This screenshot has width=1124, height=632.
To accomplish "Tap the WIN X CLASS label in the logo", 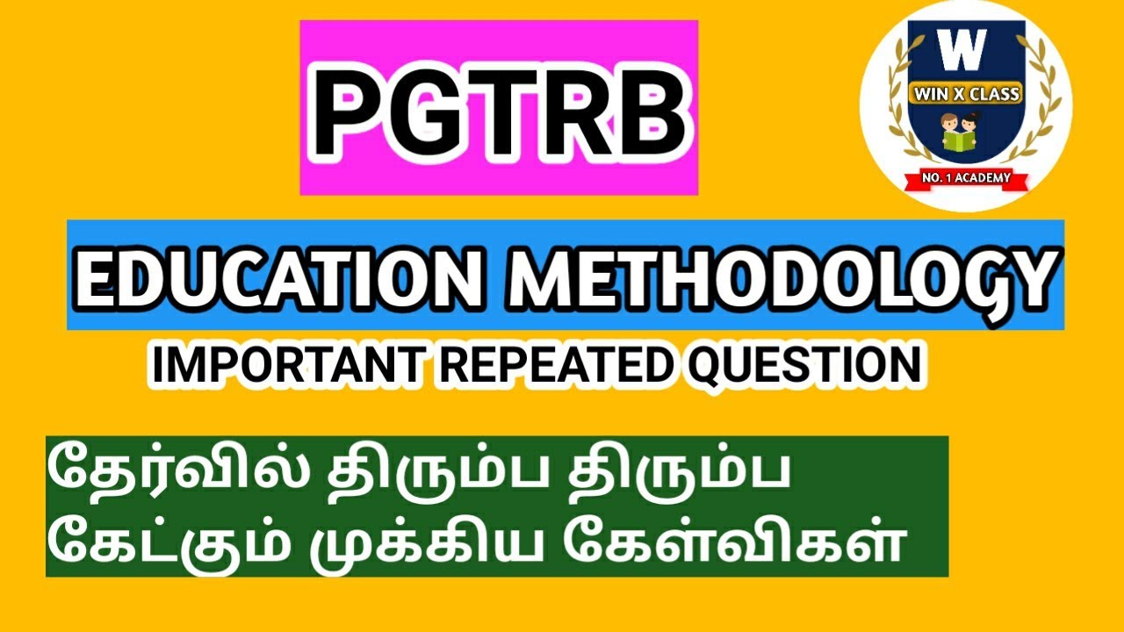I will [966, 94].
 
